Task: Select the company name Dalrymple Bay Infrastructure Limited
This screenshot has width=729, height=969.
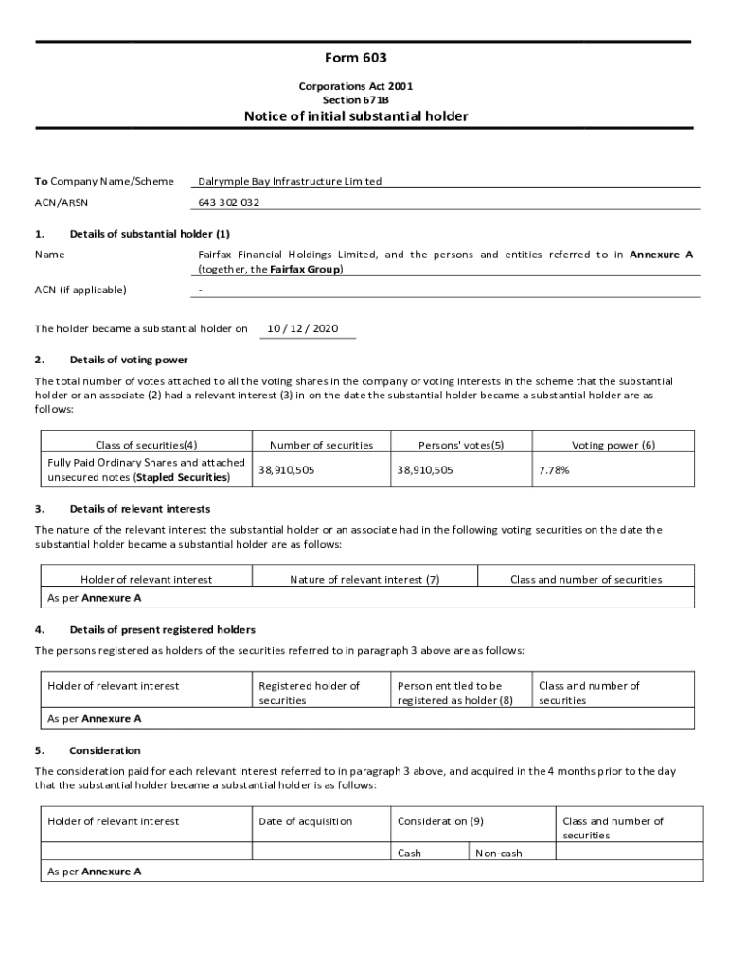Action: [290, 181]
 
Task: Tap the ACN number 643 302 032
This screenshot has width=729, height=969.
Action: [229, 203]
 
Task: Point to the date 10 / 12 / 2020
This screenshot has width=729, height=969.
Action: [302, 328]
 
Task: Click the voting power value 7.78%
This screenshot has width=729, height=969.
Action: [554, 469]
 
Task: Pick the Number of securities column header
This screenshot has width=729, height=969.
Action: [321, 445]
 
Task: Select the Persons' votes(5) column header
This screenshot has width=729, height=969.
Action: [461, 445]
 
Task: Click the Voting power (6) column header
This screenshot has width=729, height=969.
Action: [613, 445]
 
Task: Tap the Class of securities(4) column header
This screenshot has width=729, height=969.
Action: [147, 445]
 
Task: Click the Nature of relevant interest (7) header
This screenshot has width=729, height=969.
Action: [364, 579]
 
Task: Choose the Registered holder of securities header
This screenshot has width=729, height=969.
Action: [309, 693]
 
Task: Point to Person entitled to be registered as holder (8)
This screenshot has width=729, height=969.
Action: [454, 693]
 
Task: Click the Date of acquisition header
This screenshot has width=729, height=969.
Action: [305, 821]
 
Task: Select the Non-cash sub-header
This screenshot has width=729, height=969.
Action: [499, 854]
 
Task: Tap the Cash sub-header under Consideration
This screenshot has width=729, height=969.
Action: [409, 854]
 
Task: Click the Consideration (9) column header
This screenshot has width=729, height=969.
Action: [440, 821]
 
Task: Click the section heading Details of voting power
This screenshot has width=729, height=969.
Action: [129, 360]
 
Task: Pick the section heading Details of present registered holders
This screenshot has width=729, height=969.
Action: [163, 629]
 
